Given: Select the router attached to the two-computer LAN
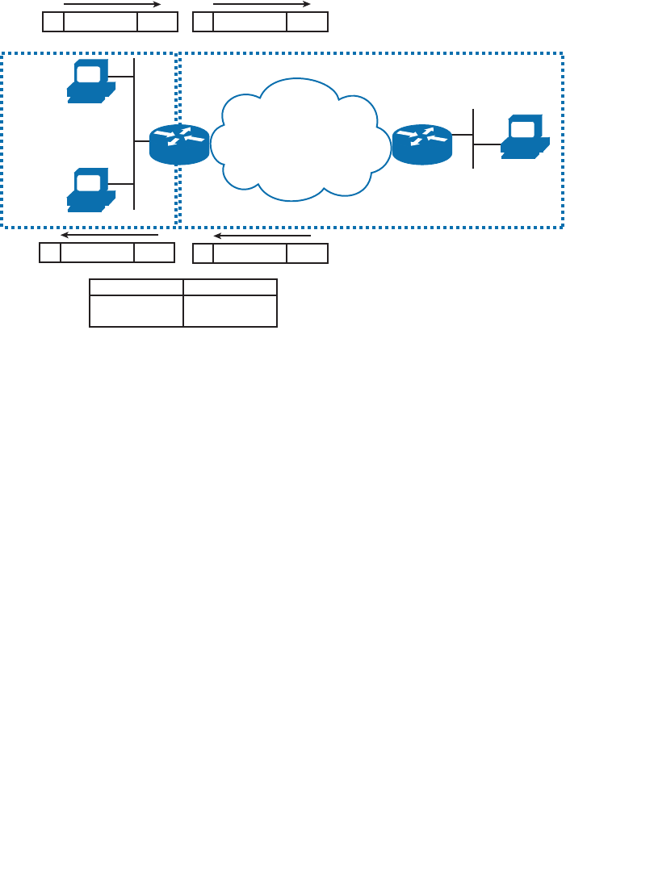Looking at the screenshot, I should point(179,144).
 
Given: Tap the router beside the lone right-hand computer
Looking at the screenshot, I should point(421,144).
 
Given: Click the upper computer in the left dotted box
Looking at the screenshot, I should point(90,81).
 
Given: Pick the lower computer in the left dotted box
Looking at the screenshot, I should point(90,190).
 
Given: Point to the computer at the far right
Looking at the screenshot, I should point(524,136).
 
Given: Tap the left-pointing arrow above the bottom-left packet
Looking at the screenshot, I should point(109,236).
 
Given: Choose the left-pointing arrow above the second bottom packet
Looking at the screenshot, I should point(262,236).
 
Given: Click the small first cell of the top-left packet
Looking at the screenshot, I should point(53,22).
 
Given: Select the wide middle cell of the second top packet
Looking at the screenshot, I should point(249,22).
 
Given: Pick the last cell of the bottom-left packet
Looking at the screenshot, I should point(154,253).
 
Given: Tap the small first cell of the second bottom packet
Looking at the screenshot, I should point(203,253).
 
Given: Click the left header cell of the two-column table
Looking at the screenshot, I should point(136,287).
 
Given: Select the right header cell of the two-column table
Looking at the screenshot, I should point(230,287).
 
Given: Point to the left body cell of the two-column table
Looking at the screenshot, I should point(136,311).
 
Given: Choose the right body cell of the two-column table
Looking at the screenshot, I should point(230,311).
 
